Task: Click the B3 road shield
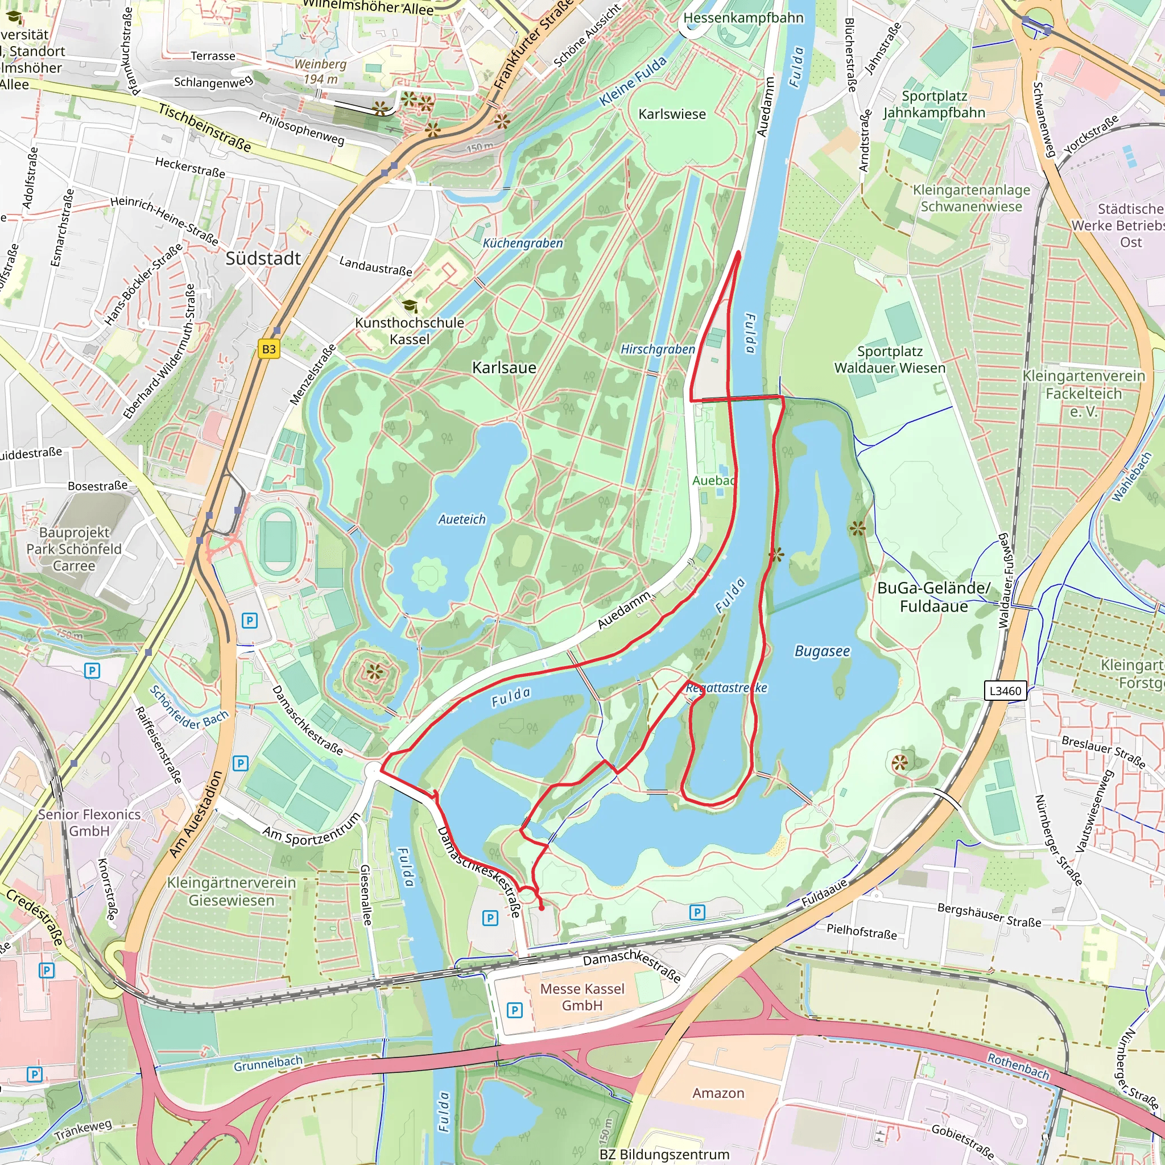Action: click(x=269, y=349)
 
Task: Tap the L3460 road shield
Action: click(x=1005, y=691)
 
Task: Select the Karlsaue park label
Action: click(x=504, y=368)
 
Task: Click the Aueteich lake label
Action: click(x=462, y=519)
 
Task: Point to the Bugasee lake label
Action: click(x=822, y=651)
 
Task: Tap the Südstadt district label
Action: click(x=263, y=259)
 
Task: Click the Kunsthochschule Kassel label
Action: click(x=410, y=331)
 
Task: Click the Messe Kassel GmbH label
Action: click(x=582, y=997)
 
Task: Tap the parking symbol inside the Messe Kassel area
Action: click(x=514, y=1010)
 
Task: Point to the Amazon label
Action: click(x=718, y=1093)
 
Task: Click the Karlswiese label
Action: click(x=672, y=114)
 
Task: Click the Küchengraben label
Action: click(x=523, y=243)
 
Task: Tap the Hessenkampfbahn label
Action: click(x=743, y=18)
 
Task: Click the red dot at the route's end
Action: click(x=542, y=908)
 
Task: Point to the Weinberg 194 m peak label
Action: click(x=320, y=71)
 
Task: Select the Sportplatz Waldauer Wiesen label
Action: click(x=890, y=360)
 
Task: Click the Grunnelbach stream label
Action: click(x=268, y=1064)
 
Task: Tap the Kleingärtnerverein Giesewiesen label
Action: click(x=232, y=891)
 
